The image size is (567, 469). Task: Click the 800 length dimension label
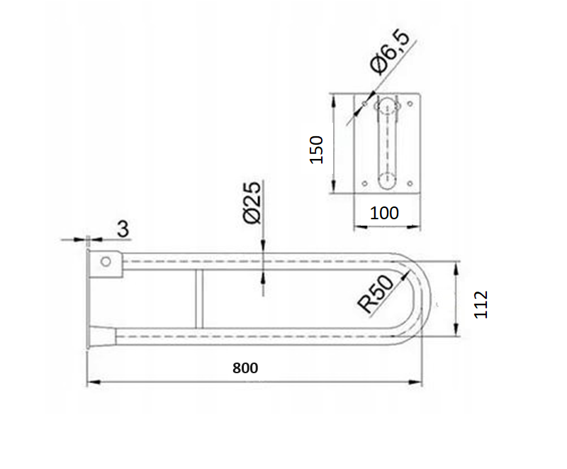[245, 368]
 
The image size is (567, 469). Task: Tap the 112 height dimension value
[481, 304]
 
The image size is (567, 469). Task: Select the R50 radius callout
[376, 294]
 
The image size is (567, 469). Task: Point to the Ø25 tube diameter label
[252, 203]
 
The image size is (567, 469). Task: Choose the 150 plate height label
[316, 150]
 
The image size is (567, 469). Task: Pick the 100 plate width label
[384, 213]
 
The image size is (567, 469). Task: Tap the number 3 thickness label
[123, 228]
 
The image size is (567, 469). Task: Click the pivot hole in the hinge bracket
[106, 261]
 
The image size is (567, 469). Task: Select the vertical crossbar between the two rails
[199, 299]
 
